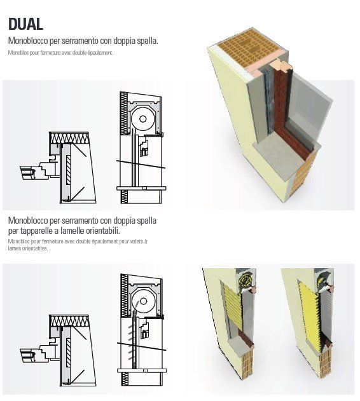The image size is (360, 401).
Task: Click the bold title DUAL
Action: tap(25, 24)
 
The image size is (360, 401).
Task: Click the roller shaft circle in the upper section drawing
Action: tap(142, 119)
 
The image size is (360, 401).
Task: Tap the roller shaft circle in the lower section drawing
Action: tap(143, 301)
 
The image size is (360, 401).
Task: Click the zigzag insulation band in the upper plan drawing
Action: tap(69, 138)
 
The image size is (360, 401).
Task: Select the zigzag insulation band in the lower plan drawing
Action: tap(69, 321)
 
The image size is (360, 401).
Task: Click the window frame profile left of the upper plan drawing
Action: tap(38, 170)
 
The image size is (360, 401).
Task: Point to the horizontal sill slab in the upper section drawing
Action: tap(141, 188)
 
